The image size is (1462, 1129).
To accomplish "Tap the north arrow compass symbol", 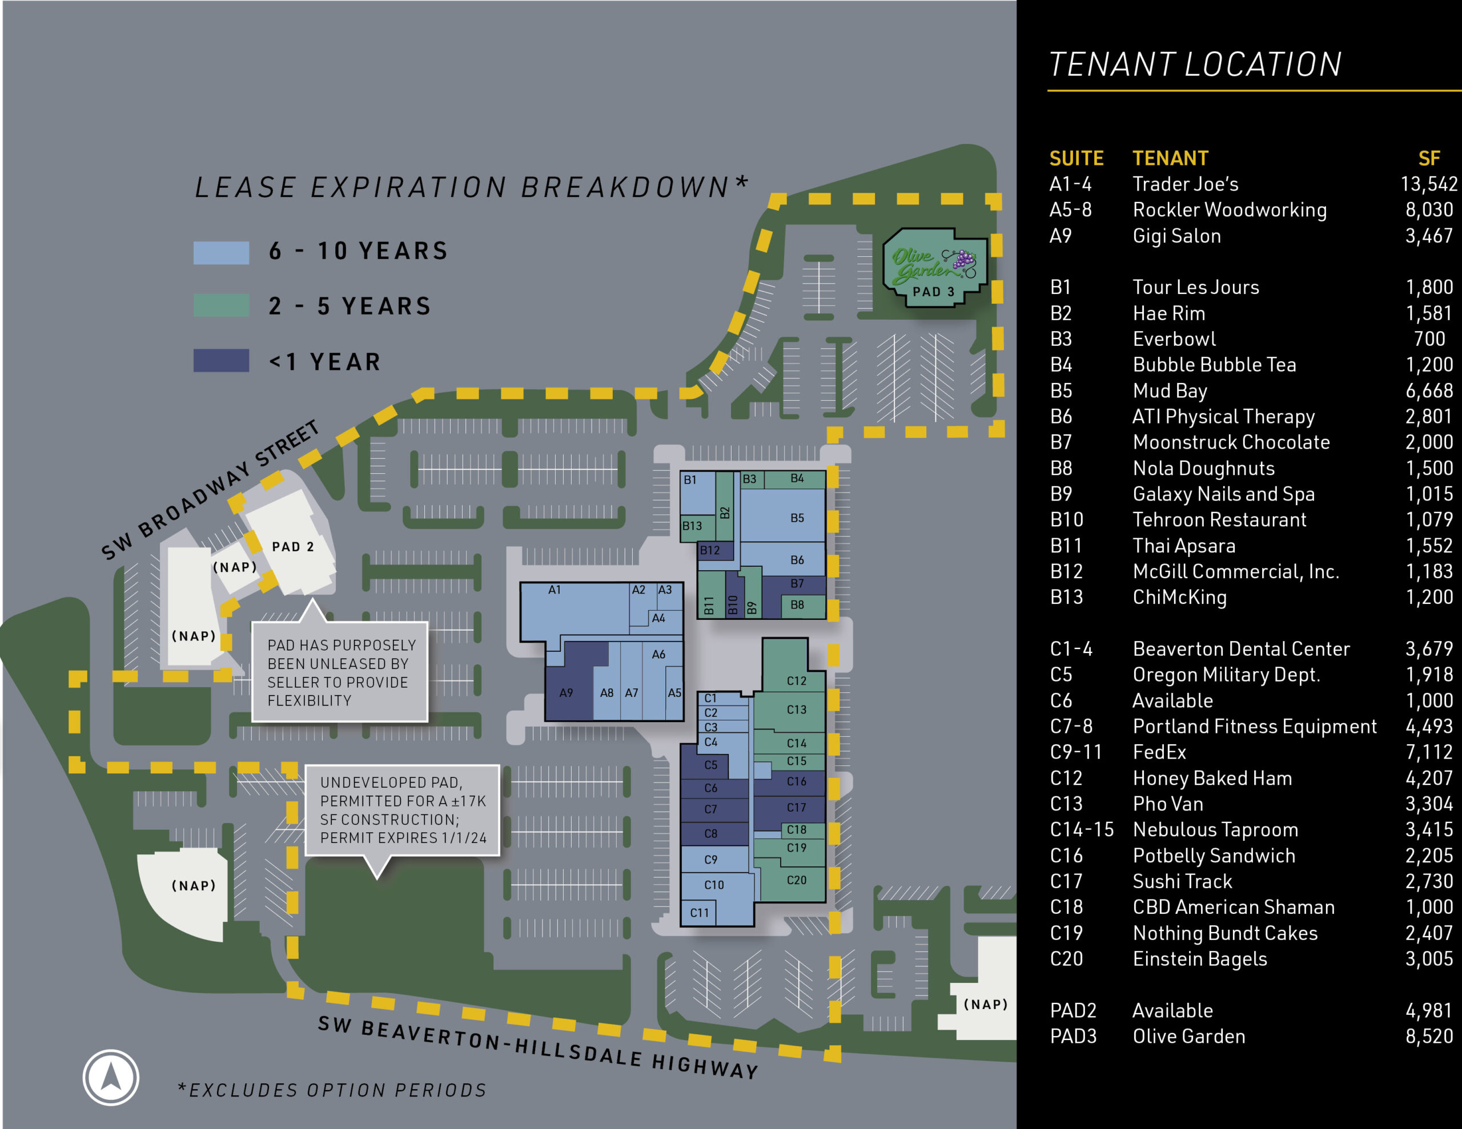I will (x=110, y=1078).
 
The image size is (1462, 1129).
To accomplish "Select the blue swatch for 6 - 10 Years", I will (x=221, y=252).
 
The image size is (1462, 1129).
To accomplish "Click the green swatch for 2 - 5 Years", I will (x=221, y=305).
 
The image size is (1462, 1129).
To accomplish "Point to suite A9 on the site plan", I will (x=567, y=693).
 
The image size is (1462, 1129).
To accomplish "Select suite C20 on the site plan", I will (x=796, y=880).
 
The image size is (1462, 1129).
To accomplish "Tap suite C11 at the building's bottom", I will (x=699, y=912).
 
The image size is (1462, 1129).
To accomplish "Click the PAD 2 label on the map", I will (x=292, y=547).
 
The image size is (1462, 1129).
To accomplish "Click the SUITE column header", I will (x=1076, y=159).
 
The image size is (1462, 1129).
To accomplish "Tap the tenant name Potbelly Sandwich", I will (x=1213, y=855).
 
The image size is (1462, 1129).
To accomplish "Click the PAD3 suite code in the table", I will (x=1073, y=1036).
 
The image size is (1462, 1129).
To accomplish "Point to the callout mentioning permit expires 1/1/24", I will (x=402, y=810).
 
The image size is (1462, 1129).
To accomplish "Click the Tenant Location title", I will (x=1195, y=65).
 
